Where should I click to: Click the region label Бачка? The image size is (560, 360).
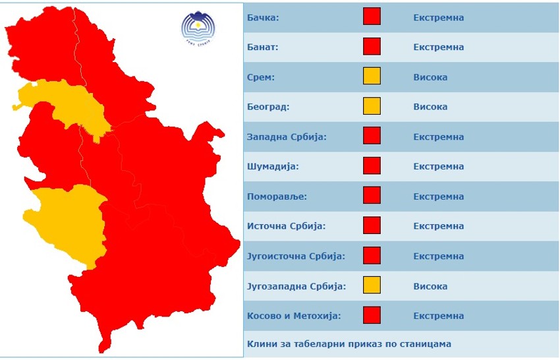263,18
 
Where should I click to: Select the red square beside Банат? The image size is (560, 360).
372,47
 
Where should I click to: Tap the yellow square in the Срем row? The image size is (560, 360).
372,76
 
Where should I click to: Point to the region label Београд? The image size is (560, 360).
268,107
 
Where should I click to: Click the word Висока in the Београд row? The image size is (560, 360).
430,107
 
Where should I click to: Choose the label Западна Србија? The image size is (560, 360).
287,137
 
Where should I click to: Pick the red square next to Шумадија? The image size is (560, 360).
372,166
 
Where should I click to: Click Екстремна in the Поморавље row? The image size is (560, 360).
438,196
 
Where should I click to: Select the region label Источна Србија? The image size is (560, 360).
286,226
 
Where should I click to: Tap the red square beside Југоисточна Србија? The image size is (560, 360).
372,256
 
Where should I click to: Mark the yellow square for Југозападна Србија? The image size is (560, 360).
372,286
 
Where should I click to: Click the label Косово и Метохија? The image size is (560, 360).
293,316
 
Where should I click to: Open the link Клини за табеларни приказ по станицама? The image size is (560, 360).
349,344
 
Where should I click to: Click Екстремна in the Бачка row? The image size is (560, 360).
438,18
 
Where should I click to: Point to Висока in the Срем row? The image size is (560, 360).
430,77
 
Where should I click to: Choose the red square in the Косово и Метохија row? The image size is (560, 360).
372,316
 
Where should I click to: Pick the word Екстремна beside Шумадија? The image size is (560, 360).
438,167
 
